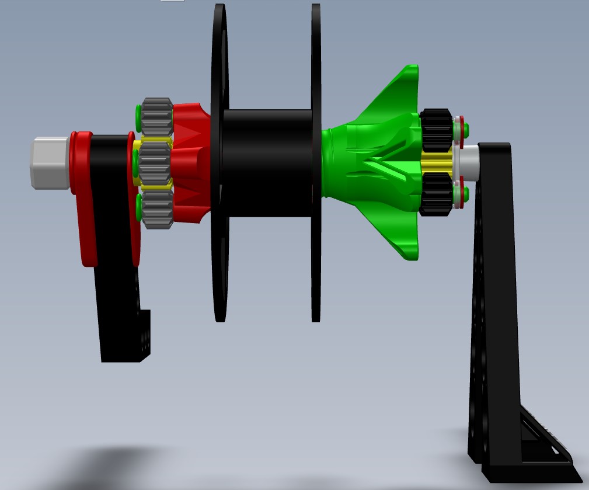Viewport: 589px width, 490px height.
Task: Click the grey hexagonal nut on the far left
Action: [x=50, y=163]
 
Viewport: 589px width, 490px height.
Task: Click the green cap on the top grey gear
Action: [x=138, y=119]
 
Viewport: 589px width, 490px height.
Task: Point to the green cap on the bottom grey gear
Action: [x=138, y=208]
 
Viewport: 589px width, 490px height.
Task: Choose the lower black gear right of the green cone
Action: [x=436, y=193]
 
